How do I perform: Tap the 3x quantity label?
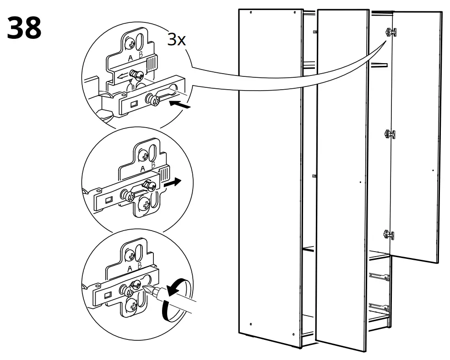176,40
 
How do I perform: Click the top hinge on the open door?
390,32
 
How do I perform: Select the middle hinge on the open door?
390,134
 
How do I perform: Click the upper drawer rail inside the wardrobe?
379,276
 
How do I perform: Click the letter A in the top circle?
130,58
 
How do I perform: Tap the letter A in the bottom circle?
130,268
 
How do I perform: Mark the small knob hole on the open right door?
433,170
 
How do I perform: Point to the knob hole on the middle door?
360,182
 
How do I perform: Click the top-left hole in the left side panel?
251,14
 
